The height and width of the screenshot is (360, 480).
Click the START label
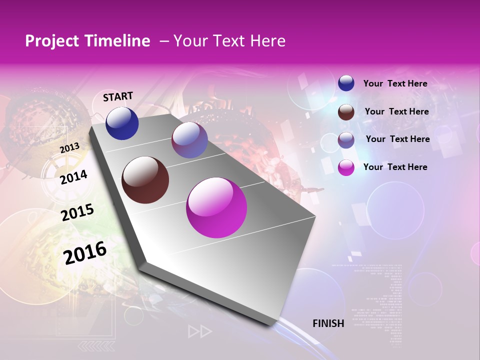[x=118, y=96]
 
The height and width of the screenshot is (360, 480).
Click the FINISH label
[x=328, y=323]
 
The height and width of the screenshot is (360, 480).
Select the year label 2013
[x=69, y=148]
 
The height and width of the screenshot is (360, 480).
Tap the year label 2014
[x=73, y=177]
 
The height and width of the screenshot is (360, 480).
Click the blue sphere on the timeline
[x=122, y=123]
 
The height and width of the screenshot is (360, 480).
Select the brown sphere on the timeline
[x=145, y=180]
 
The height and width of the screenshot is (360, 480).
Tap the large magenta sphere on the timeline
[x=216, y=207]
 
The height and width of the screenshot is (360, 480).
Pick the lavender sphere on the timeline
[x=189, y=140]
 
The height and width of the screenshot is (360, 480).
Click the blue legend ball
[x=346, y=83]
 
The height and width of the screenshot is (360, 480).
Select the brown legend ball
[x=346, y=112]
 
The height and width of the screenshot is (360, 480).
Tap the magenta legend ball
[x=346, y=167]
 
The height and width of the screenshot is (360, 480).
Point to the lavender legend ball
[x=346, y=140]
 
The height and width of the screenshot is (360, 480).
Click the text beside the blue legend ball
[x=395, y=83]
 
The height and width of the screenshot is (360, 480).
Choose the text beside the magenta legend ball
[x=395, y=167]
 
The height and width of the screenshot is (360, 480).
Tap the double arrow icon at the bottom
[x=199, y=331]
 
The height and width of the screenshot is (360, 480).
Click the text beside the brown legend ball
[x=396, y=111]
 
